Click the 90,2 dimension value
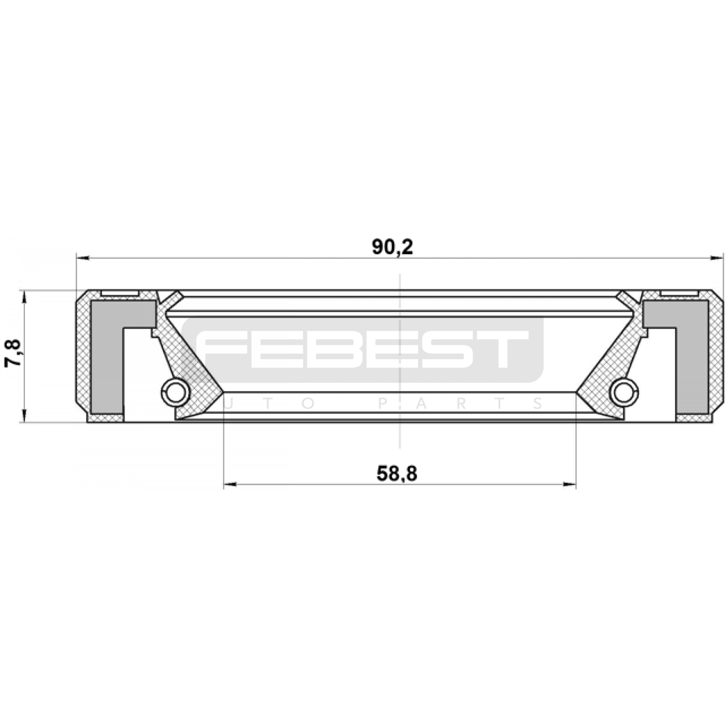pos(392,247)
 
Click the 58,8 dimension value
pos(397,474)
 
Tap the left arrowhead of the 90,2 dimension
pos(83,258)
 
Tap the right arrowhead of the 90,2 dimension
pos(717,258)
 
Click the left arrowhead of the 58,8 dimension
pos(230,484)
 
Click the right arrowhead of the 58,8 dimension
pos(570,484)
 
